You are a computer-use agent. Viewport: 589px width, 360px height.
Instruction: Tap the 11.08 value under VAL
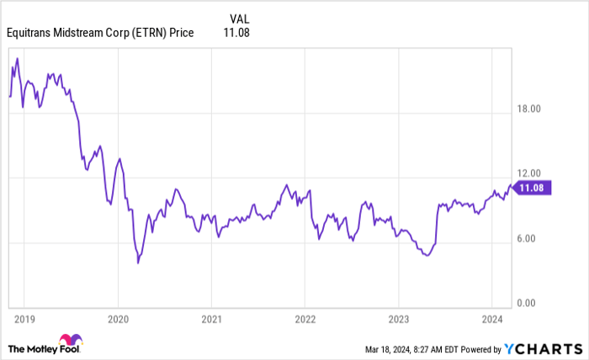[236, 33]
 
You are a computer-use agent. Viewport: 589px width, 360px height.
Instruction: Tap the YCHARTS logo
[546, 348]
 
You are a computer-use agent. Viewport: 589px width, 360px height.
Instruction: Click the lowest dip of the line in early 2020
[138, 262]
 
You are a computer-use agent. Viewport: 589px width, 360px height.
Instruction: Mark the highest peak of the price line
[18, 58]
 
